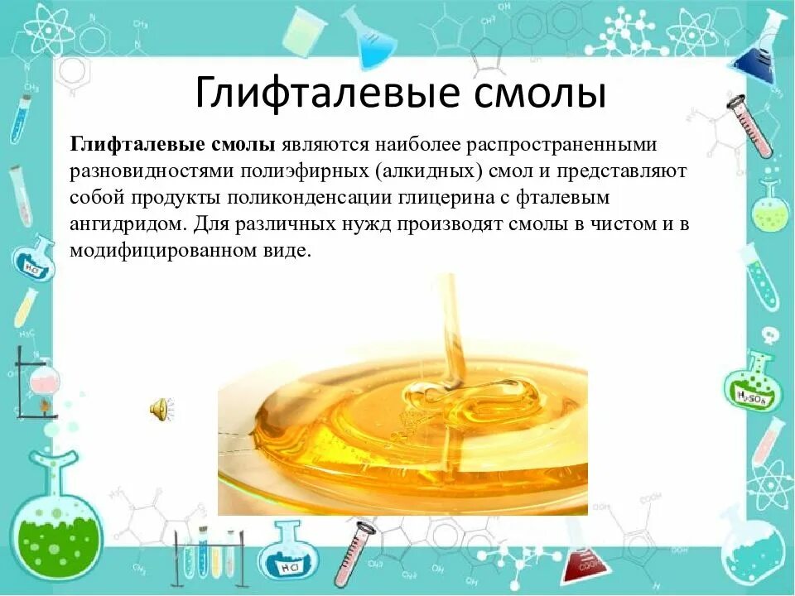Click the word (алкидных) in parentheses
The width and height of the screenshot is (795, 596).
(415, 172)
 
